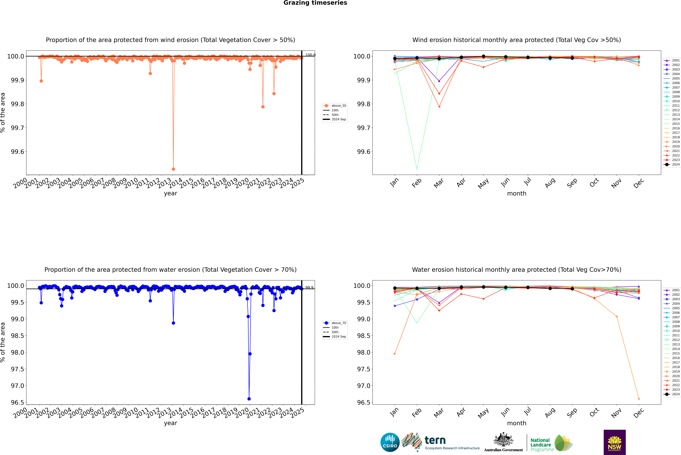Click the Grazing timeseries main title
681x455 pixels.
pos(315,3)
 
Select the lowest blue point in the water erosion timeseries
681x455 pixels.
pos(249,399)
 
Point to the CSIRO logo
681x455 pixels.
pos(390,442)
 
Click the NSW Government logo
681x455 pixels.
pos(615,442)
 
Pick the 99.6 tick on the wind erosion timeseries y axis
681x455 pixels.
pos(17,152)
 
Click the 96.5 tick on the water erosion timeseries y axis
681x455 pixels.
pos(17,403)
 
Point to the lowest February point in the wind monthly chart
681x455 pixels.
pos(417,169)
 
